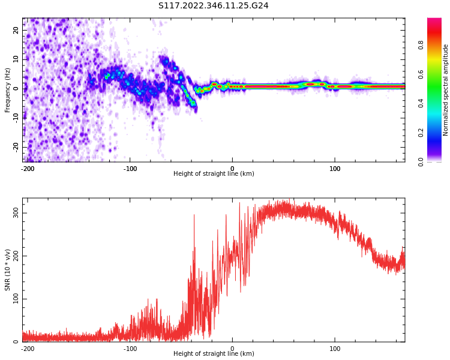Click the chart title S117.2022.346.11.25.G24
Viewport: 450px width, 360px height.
point(214,6)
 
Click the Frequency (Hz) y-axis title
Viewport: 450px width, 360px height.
point(8,89)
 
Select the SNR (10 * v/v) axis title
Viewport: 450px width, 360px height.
point(8,270)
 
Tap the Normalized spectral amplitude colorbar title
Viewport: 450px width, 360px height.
point(446,89)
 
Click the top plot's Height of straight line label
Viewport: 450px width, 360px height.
point(214,174)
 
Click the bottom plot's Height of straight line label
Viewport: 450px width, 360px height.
point(214,354)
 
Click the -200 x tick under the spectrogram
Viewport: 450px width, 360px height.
point(28,169)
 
